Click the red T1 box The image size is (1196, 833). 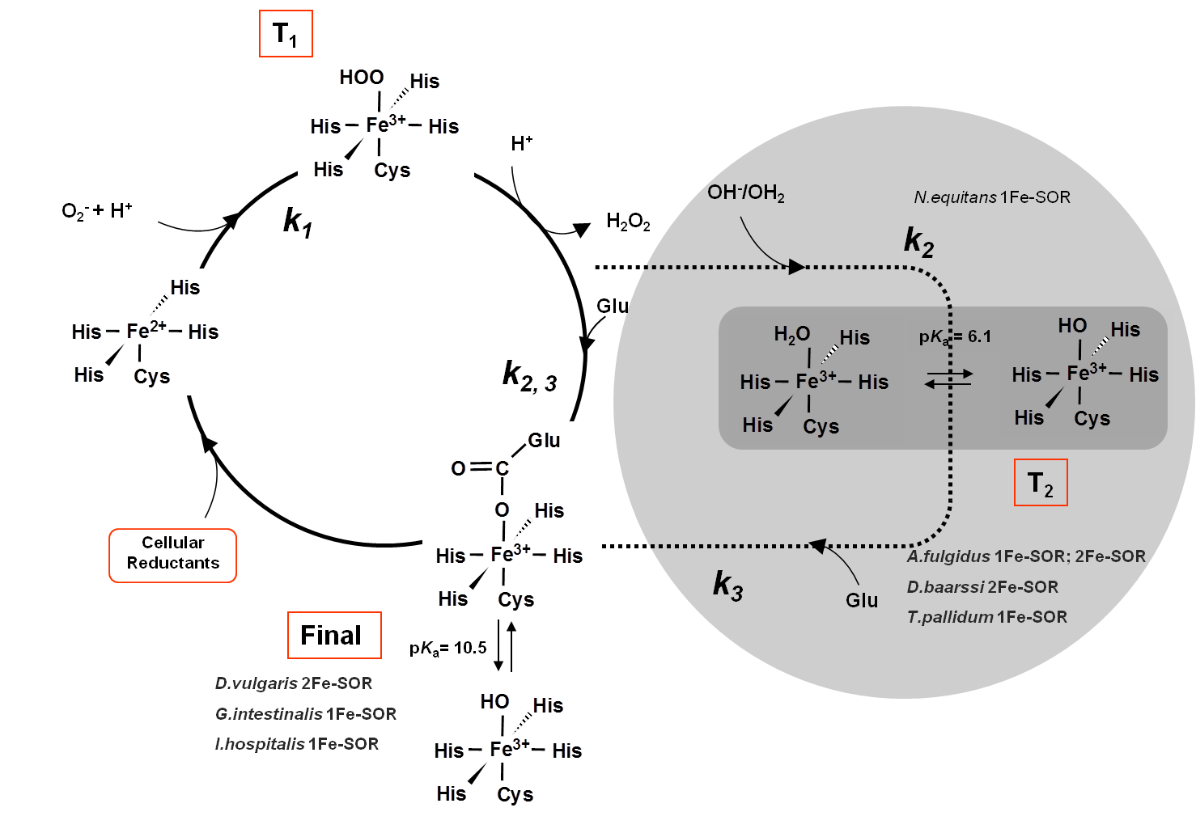(x=286, y=34)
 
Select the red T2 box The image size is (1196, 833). (x=1041, y=483)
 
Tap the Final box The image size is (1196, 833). (x=334, y=635)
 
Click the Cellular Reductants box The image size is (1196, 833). (x=172, y=555)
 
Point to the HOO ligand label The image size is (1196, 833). (x=361, y=78)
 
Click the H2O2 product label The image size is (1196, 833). (x=628, y=222)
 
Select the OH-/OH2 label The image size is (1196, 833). (x=745, y=192)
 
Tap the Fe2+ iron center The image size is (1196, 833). (x=146, y=331)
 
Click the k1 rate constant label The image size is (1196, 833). (x=297, y=221)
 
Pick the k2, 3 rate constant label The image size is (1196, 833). (x=529, y=376)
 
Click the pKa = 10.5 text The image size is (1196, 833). (x=447, y=648)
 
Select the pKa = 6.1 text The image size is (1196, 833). (x=955, y=336)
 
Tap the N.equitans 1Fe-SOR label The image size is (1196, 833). (x=992, y=197)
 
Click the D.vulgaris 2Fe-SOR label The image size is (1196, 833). (x=294, y=683)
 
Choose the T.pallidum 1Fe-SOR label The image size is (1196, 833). (x=987, y=617)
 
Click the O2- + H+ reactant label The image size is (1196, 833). (x=97, y=211)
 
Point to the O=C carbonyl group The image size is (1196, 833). (x=480, y=468)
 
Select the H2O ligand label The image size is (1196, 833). (x=791, y=334)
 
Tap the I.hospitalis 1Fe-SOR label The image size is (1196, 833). (x=297, y=744)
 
